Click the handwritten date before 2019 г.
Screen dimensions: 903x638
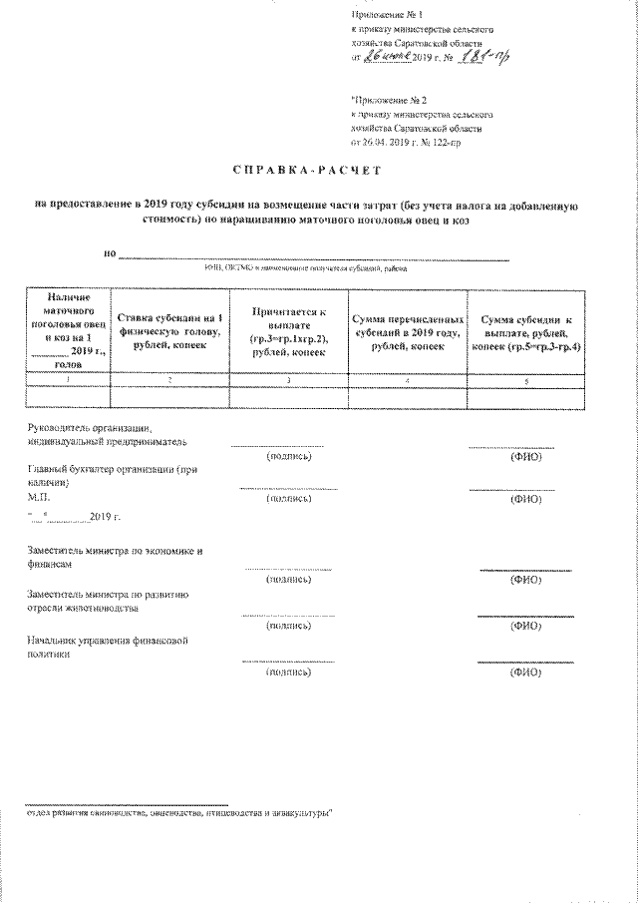(x=387, y=58)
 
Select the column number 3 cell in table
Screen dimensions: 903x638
(x=288, y=380)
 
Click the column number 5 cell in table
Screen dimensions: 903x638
(x=529, y=380)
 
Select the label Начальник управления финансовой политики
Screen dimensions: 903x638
(x=110, y=646)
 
